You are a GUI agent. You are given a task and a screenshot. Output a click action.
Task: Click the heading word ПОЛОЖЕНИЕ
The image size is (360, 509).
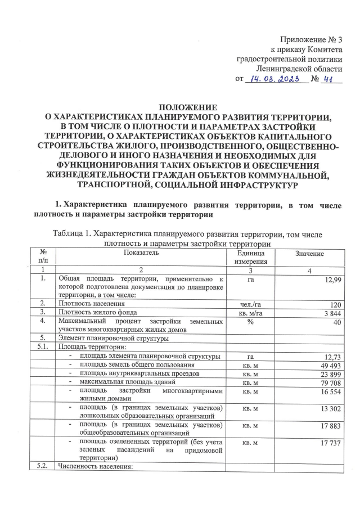[180, 107]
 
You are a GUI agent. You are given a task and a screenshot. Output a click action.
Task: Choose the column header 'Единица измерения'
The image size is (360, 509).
[247, 258]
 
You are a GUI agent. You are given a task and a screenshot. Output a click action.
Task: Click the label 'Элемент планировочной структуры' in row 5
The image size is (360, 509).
[112, 338]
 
